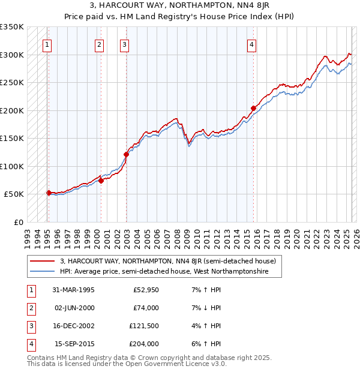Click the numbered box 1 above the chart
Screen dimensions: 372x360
47,44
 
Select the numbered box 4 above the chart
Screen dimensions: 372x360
252,44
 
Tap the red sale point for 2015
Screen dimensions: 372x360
253,109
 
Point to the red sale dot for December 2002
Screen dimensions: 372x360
126,154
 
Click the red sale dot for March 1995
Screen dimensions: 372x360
49,193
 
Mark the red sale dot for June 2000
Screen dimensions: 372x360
101,181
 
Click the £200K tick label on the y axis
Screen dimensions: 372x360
12,110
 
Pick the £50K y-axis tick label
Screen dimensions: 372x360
14,194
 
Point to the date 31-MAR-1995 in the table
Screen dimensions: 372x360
74,290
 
